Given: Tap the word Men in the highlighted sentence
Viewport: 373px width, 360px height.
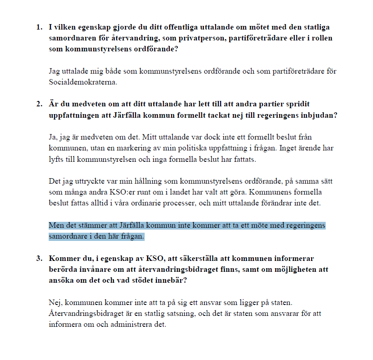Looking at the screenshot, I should click(x=55, y=225).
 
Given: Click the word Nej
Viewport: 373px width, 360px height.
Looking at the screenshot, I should click(x=55, y=303).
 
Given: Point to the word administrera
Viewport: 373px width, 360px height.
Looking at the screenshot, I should click(x=133, y=325).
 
